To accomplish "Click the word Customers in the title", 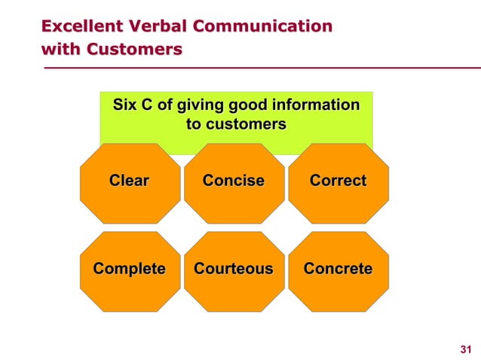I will pos(134,50).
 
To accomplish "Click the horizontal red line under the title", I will pos(256,68).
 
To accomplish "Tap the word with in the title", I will pos(60,50).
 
